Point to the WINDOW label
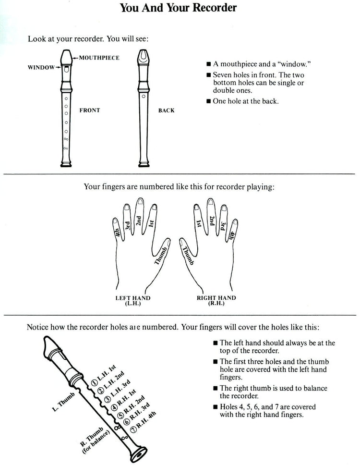coord(41,68)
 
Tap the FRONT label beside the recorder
coord(90,110)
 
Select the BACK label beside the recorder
coord(167,110)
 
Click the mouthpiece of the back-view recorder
coord(143,58)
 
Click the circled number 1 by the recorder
coord(95,382)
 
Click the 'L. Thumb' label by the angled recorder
coord(62,403)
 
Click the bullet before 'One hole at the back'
coord(208,101)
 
